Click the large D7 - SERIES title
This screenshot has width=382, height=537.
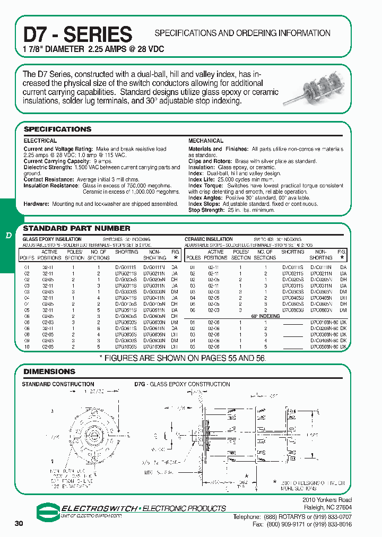click(77, 34)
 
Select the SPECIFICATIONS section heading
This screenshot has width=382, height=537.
click(57, 129)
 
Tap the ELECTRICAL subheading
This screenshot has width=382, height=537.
click(40, 141)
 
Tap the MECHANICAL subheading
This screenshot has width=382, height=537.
click(206, 141)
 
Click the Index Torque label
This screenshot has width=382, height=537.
click(205, 186)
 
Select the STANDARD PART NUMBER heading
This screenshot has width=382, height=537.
click(76, 229)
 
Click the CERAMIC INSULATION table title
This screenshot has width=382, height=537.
click(209, 239)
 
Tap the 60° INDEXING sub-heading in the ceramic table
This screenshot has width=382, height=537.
click(265, 316)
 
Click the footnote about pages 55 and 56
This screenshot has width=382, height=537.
click(183, 358)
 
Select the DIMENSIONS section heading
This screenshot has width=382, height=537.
click(49, 371)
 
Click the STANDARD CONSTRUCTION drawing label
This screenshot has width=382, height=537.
click(58, 384)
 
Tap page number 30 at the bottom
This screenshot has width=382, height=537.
click(19, 524)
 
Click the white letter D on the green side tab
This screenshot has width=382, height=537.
click(8, 235)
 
